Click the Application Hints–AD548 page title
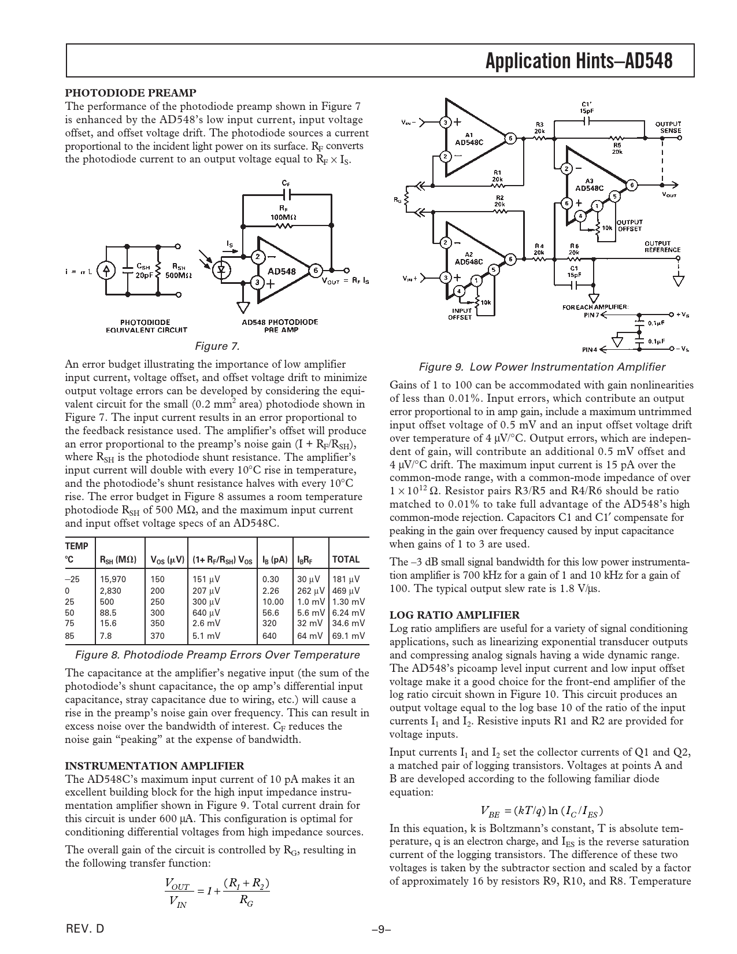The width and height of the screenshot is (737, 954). coord(579,61)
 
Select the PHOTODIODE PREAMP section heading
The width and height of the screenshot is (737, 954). coord(131,93)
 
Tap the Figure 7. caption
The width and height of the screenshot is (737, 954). coord(217,346)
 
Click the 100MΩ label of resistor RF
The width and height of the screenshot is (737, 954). coord(283,216)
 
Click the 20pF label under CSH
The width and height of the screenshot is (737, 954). coord(143,276)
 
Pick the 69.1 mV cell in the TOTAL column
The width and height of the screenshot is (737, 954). coord(348,635)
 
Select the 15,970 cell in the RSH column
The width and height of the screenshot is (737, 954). coord(113,579)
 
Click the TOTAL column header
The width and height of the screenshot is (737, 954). coord(346,559)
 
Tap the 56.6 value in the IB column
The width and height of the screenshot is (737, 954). coord(271,612)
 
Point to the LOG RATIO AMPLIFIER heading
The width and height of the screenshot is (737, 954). coord(454,615)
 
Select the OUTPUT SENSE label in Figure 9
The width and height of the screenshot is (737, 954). coord(668,127)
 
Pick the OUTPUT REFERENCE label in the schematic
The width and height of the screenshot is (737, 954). coord(662,247)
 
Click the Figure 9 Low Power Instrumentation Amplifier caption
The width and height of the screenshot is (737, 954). coord(542,367)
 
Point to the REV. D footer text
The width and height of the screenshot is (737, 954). coord(86,929)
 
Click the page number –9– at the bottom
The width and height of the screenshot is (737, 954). coord(382,929)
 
